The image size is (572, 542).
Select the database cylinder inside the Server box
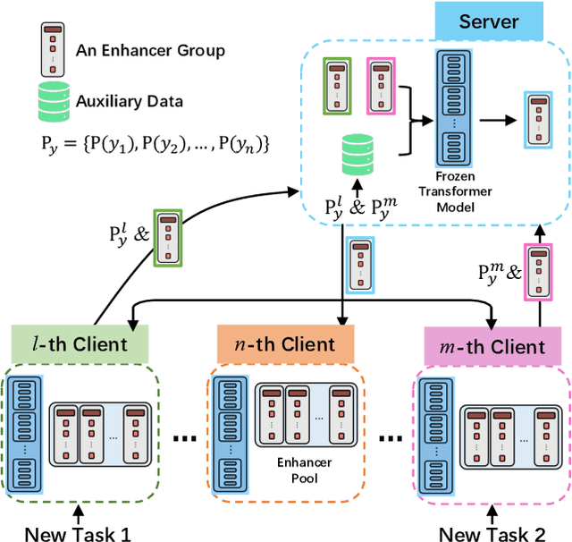[x=357, y=157]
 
